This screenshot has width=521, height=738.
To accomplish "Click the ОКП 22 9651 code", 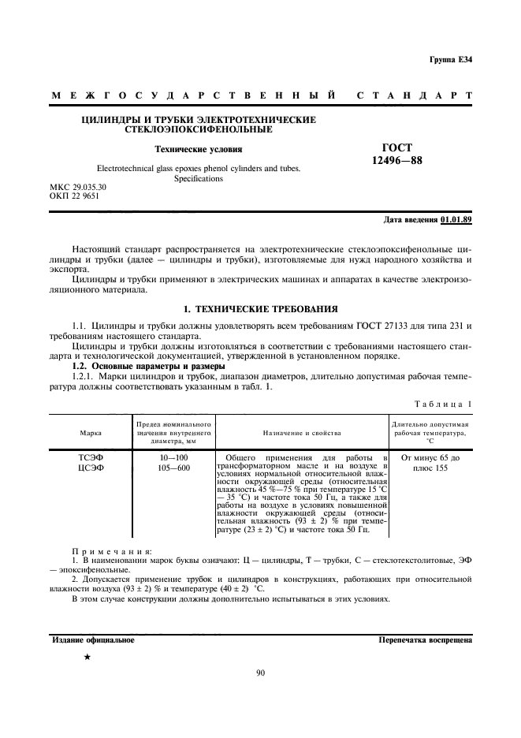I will pyautogui.click(x=74, y=196).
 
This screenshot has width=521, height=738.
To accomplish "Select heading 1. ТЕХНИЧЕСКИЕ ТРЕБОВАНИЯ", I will pyautogui.click(x=260, y=308).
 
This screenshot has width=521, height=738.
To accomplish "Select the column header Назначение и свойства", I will pyautogui.click(x=302, y=433).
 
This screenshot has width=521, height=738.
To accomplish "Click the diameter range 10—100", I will pyautogui.click(x=173, y=457).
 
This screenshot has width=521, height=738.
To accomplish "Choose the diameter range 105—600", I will pyautogui.click(x=173, y=468).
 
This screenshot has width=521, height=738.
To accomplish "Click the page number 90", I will pyautogui.click(x=260, y=673).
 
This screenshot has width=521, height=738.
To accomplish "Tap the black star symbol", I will pyautogui.click(x=87, y=656).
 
